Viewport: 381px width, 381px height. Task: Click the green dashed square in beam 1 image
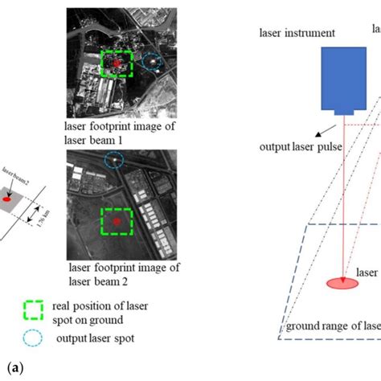coord(119,63)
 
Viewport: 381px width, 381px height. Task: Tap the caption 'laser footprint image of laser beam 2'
coord(120,274)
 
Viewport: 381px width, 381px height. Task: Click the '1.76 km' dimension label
coord(41,217)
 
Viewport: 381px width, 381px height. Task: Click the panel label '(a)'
coord(12,368)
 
